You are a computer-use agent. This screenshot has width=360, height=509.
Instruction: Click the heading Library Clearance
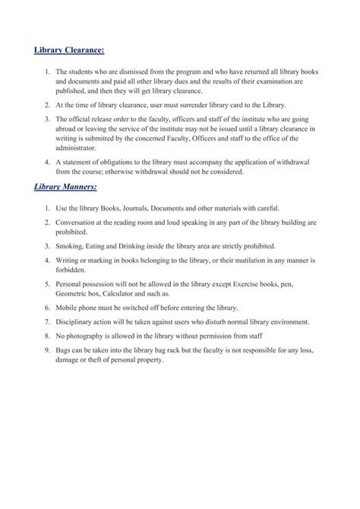tap(69, 51)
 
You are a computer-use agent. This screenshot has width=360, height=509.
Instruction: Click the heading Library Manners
tap(66, 187)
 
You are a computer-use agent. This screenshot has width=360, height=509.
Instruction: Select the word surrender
tap(190, 106)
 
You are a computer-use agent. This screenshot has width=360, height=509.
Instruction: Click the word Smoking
tap(68, 247)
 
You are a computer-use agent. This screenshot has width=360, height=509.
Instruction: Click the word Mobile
tap(66, 311)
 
